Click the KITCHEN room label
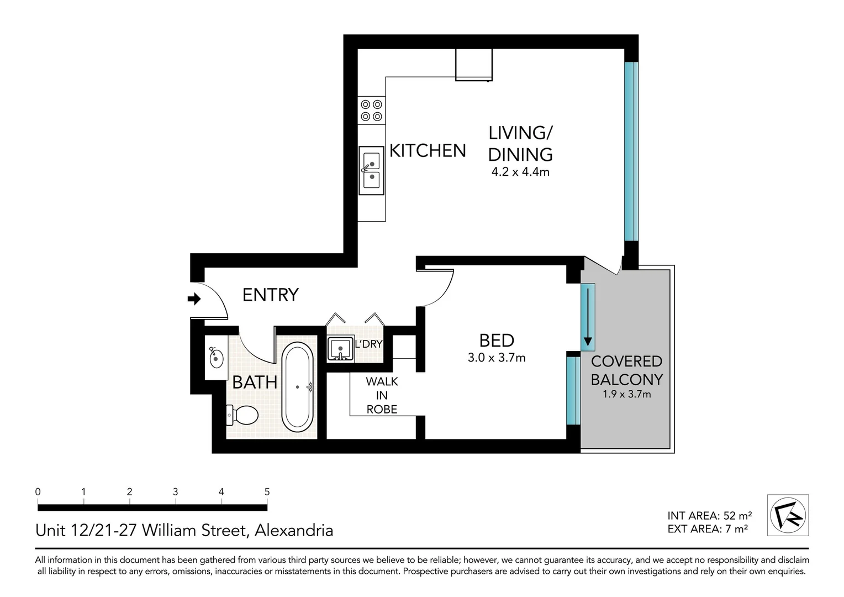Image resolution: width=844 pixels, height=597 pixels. [x=428, y=150]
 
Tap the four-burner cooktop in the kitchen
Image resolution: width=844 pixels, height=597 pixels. [x=371, y=110]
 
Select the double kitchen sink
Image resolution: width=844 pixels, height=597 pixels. [x=371, y=170]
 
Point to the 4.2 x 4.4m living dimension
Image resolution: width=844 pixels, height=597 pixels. [x=520, y=172]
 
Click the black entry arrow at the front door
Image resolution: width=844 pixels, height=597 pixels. [x=194, y=299]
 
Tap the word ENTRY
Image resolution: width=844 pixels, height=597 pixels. [x=270, y=295]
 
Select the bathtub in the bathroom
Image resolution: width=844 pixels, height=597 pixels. [x=298, y=387]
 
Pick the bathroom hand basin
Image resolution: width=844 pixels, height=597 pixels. [x=216, y=357]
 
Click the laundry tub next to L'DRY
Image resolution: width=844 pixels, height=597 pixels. [x=340, y=349]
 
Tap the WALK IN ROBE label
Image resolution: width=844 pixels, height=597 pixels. [x=382, y=395]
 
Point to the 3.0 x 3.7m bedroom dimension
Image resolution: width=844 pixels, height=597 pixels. [x=497, y=358]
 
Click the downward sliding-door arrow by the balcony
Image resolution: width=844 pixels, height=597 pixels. [x=588, y=315]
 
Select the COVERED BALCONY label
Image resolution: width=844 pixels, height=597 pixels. [x=626, y=370]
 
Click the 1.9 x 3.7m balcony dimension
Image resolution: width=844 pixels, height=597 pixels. [x=626, y=394]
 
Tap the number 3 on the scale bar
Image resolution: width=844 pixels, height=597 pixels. [x=175, y=492]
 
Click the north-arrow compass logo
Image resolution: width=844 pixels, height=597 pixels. [x=788, y=515]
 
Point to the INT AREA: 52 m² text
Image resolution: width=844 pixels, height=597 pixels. [x=709, y=516]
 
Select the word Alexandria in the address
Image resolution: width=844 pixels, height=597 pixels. [x=293, y=531]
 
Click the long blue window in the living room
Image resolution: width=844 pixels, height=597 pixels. [x=631, y=151]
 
